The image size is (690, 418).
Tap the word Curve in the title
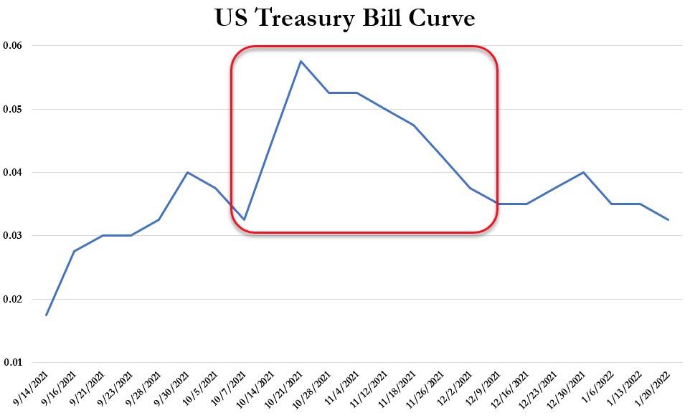[441, 18]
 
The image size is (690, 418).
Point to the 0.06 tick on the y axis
[12, 45]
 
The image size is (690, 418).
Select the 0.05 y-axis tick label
[12, 109]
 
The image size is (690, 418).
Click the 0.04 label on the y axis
[12, 173]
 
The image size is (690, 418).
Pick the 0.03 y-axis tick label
[12, 236]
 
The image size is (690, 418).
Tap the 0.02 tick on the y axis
[12, 299]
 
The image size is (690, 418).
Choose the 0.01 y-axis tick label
[12, 363]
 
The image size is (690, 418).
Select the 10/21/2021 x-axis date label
[286, 388]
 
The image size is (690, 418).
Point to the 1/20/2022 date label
[655, 388]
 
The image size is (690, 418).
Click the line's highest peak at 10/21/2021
[301, 61]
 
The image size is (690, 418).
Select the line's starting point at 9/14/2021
[46, 315]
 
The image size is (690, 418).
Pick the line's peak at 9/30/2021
[187, 173]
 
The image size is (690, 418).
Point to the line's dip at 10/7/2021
[245, 219]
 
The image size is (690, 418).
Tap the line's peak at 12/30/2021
[584, 173]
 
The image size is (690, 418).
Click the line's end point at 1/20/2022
[668, 219]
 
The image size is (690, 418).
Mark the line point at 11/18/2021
[414, 125]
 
